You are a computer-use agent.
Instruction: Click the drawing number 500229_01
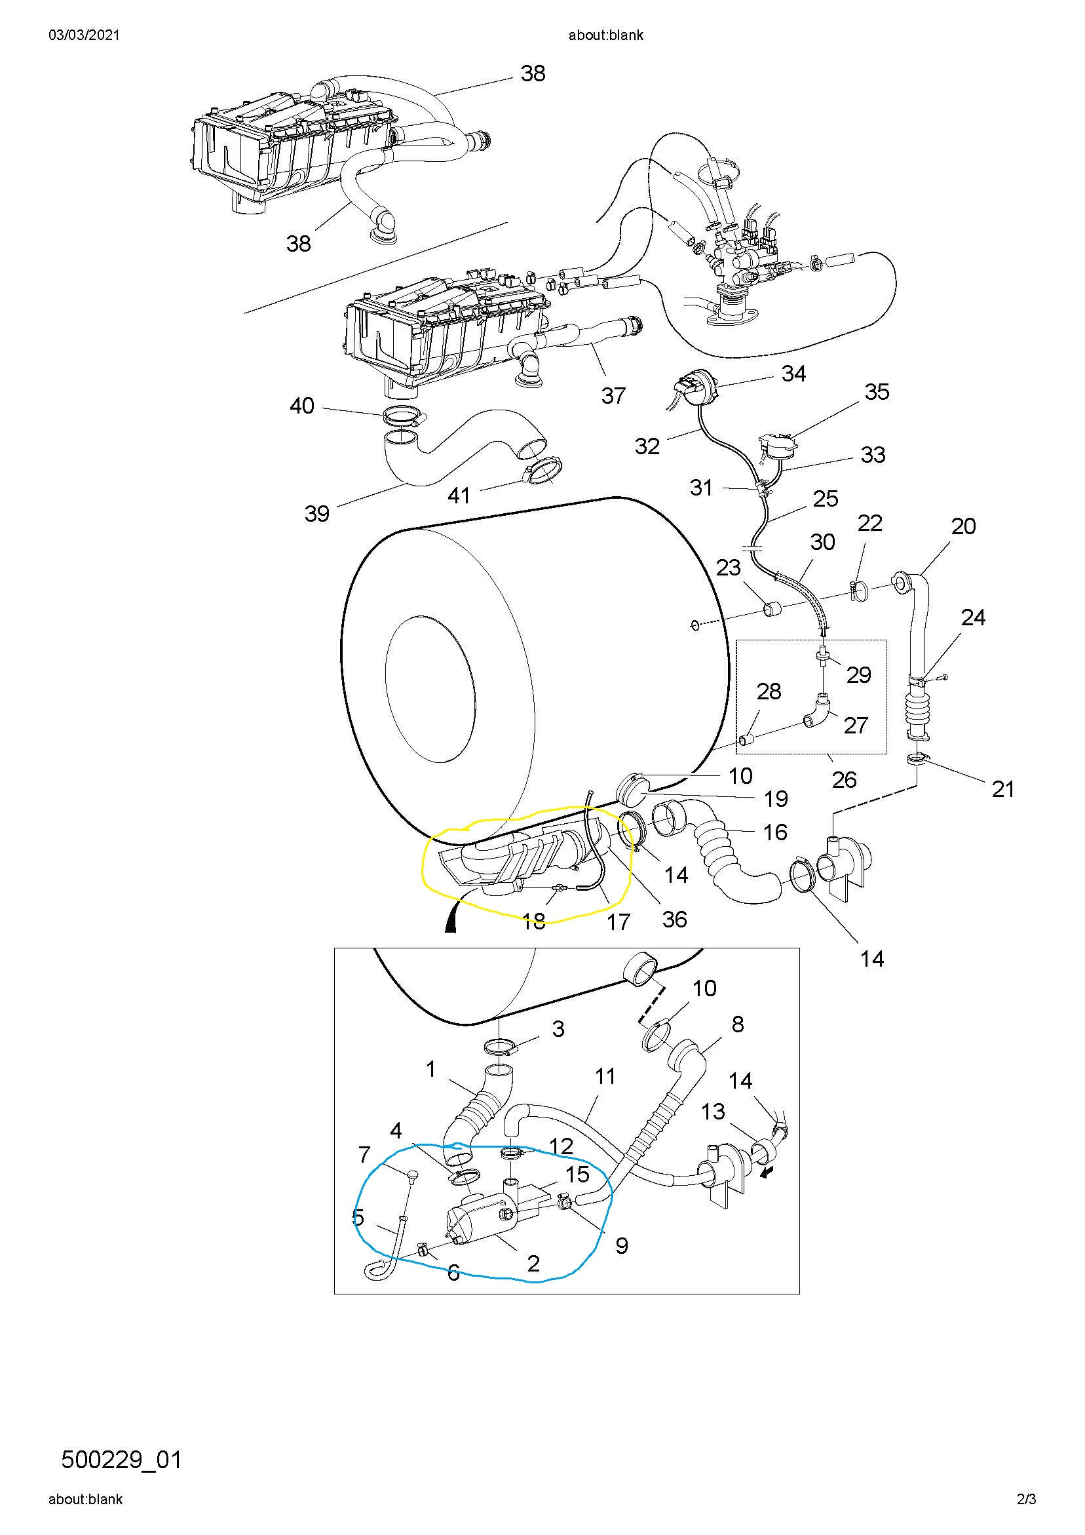coord(121,1459)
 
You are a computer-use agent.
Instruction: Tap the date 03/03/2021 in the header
coord(85,35)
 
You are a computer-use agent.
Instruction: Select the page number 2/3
coord(1026,1512)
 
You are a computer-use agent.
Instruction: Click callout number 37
coord(613,395)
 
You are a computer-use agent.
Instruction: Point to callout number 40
coord(302,405)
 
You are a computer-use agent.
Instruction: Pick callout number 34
coord(793,373)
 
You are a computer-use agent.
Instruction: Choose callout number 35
coord(877,392)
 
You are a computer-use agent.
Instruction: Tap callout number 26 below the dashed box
coord(845,779)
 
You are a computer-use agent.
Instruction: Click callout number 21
coord(1002,789)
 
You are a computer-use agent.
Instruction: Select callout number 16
coord(776,832)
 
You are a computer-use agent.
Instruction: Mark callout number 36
coord(675,919)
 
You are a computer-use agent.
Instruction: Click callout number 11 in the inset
coord(605,1076)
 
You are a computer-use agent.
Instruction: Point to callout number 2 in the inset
coord(533,1263)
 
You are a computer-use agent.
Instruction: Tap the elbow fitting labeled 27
coord(816,710)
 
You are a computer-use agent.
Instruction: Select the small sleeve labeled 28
coord(747,739)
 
